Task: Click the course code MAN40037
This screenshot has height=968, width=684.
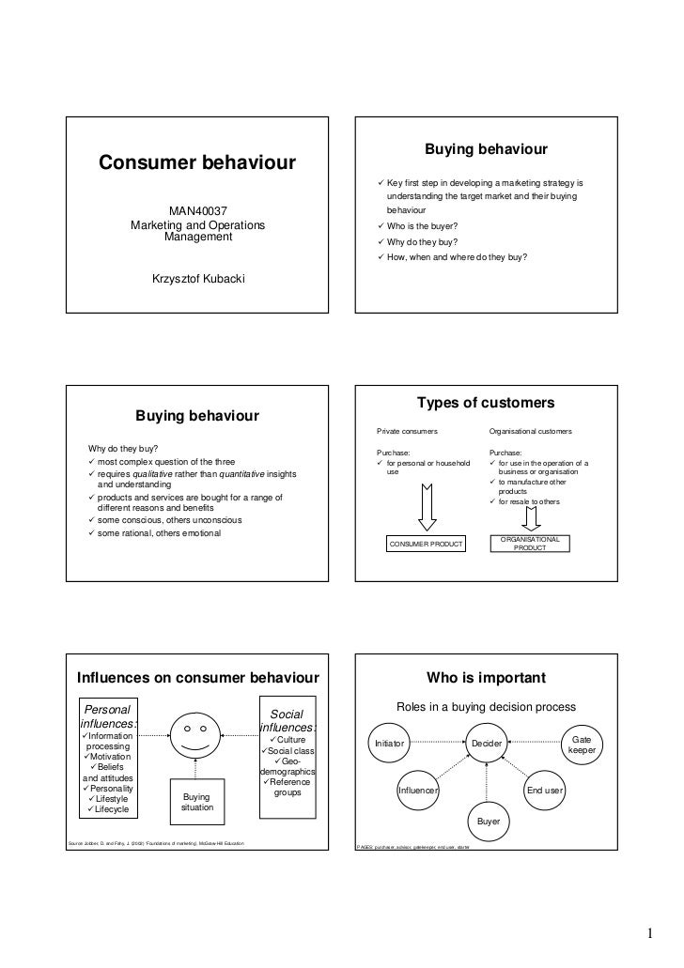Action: (x=197, y=211)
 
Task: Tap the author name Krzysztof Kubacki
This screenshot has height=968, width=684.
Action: (x=197, y=279)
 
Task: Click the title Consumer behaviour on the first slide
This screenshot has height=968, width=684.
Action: (x=197, y=164)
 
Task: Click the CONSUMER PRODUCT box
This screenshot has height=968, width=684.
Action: (x=427, y=545)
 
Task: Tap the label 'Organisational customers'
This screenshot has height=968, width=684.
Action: (x=530, y=431)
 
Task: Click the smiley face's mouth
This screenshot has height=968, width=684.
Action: (x=195, y=745)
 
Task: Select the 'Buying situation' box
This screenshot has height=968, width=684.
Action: (x=197, y=802)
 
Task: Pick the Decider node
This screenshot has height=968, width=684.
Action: (x=486, y=743)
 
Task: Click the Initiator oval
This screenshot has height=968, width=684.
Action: (x=390, y=743)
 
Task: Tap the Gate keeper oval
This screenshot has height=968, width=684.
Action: (x=583, y=745)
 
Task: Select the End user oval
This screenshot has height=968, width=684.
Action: (x=544, y=791)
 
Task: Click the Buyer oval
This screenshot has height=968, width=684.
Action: (x=489, y=822)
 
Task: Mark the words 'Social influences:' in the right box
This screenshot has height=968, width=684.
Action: (x=288, y=721)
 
